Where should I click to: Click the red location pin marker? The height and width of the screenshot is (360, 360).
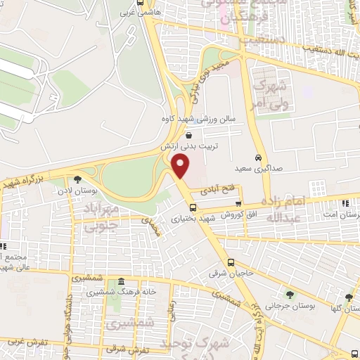(x=181, y=167)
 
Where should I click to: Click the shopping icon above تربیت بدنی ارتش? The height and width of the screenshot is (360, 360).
(x=188, y=135)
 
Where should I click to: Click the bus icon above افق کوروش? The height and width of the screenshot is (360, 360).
(x=238, y=202)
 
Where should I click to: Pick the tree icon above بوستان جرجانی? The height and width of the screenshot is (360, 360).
(x=290, y=294)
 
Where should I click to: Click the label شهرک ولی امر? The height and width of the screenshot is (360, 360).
(x=269, y=94)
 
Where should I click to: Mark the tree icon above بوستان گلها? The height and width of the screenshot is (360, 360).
(x=349, y=297)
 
